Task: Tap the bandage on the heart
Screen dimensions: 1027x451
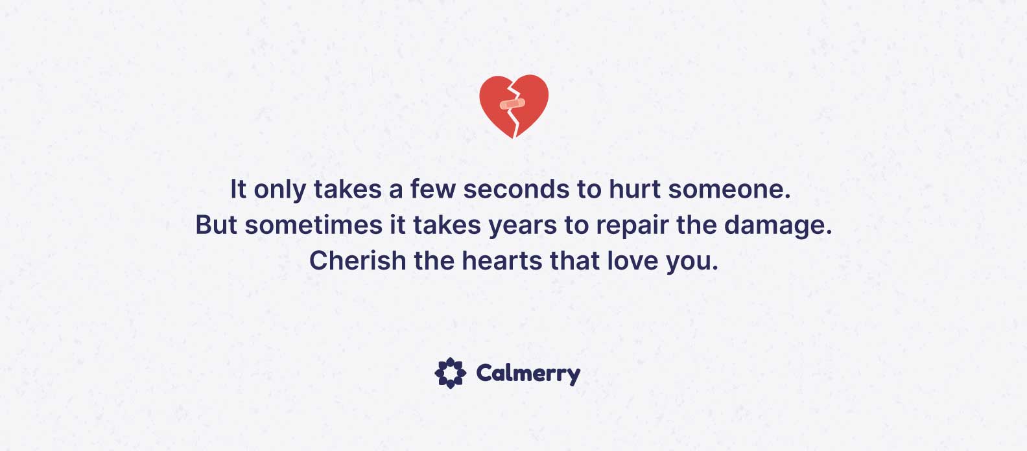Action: tap(513, 104)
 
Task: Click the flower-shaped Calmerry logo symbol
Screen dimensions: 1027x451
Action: tap(450, 373)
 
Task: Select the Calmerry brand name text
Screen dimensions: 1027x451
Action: tap(528, 374)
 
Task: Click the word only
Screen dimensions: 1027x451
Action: tap(279, 191)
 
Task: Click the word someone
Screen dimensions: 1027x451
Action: tap(726, 190)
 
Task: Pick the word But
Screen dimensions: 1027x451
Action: tap(217, 225)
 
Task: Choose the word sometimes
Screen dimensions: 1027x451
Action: tap(314, 225)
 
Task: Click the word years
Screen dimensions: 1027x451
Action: tap(523, 226)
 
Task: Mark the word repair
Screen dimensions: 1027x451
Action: tap(632, 226)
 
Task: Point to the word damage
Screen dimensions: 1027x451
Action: tap(774, 226)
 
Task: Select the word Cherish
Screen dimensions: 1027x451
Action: tap(358, 260)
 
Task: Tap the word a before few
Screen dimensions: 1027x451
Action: tap(395, 191)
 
